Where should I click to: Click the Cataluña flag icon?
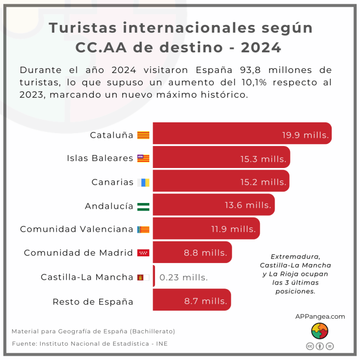[x=144, y=135]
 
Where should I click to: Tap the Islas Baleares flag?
[x=144, y=158]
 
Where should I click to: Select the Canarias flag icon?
[x=144, y=182]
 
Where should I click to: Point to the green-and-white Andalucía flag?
[x=144, y=206]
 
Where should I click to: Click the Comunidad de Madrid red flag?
[x=144, y=253]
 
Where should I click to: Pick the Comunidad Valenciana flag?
[x=144, y=229]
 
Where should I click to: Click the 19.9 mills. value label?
[x=305, y=135]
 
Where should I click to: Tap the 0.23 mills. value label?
[x=183, y=277]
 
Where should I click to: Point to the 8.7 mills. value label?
[x=205, y=301]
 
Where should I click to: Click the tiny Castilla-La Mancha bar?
[x=154, y=276]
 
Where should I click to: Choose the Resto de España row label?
[x=93, y=301]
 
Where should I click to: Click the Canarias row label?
[x=112, y=182]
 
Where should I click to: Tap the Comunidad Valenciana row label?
[x=76, y=229]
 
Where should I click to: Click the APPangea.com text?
[x=320, y=316]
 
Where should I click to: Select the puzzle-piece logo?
[x=320, y=331]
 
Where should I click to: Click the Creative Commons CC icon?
[x=310, y=346]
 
